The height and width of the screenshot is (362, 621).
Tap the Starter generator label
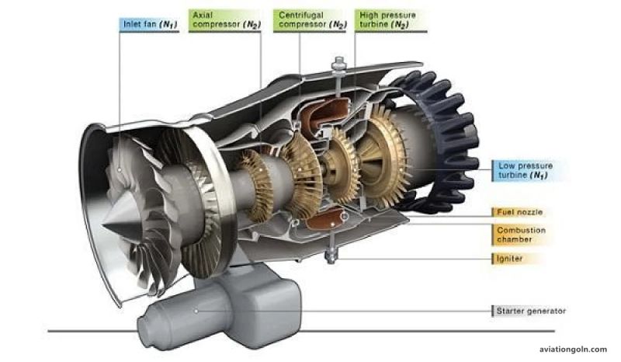pos(530,312)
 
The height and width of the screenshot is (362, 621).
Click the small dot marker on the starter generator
pos(196,311)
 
